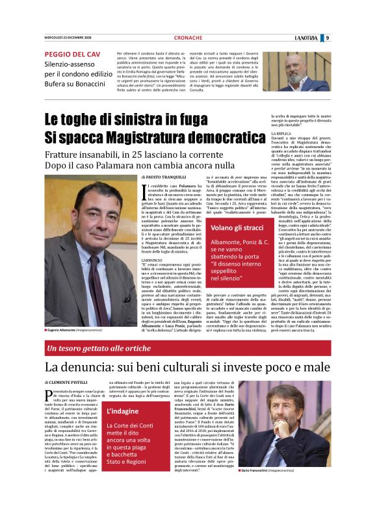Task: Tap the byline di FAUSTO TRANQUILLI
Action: (x=164, y=177)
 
